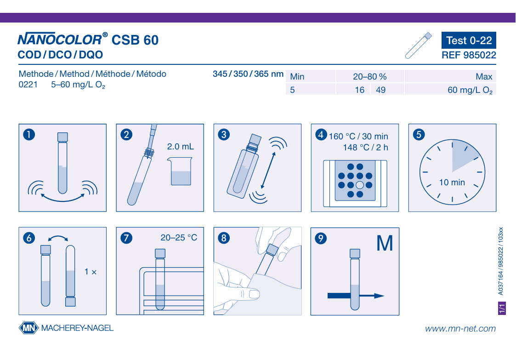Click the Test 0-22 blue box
point(469,40)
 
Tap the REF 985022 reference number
point(469,55)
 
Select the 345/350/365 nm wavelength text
point(248,74)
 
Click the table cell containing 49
point(387,90)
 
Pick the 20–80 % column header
point(369,76)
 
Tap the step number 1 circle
point(29,134)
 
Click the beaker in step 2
point(180,171)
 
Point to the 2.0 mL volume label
point(180,147)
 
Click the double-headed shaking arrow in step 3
point(268,170)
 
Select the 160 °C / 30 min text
point(358,137)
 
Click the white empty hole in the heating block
point(360,185)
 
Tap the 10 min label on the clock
point(452,182)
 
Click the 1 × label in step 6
point(91,272)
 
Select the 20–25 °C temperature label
point(179,238)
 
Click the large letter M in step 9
point(385,244)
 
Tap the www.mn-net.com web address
point(460,328)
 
